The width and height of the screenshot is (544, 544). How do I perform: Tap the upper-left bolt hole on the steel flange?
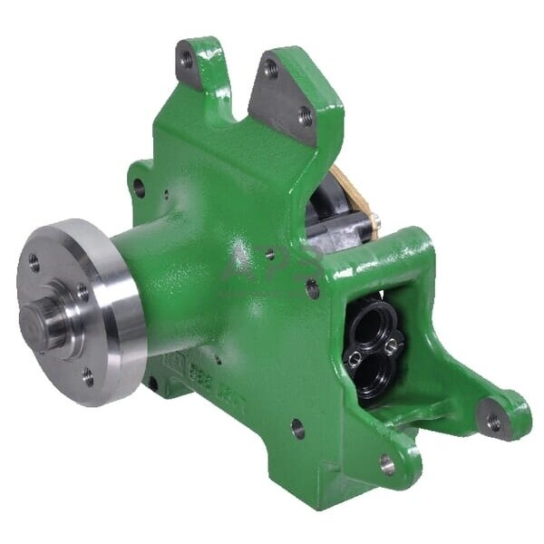pos(34,264)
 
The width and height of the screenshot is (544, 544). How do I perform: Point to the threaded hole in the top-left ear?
pos(187,61)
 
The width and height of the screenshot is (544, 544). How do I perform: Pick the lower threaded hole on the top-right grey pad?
pos(305,116)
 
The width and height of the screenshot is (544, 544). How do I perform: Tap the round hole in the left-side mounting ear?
pos(139,189)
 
